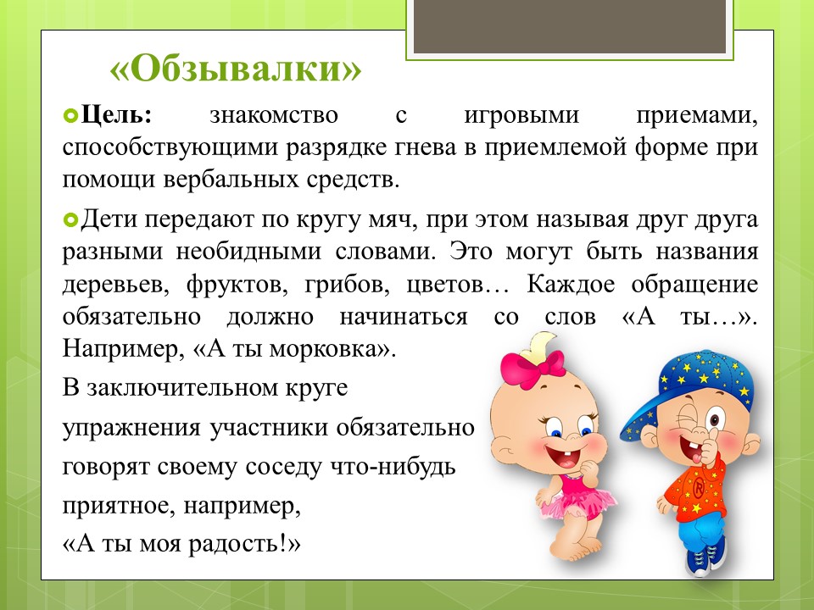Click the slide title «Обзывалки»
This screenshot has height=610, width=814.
point(235,69)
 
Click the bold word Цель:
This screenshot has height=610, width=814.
point(116,114)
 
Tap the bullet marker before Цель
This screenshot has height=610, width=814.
point(70,115)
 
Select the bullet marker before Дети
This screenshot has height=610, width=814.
point(70,220)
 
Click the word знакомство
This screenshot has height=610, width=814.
point(274,115)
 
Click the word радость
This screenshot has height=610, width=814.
point(234,544)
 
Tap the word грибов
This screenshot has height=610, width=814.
point(348,285)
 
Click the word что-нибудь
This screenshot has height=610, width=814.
point(393,466)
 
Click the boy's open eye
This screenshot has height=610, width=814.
point(716,417)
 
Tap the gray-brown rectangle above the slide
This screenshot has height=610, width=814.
point(570,25)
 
